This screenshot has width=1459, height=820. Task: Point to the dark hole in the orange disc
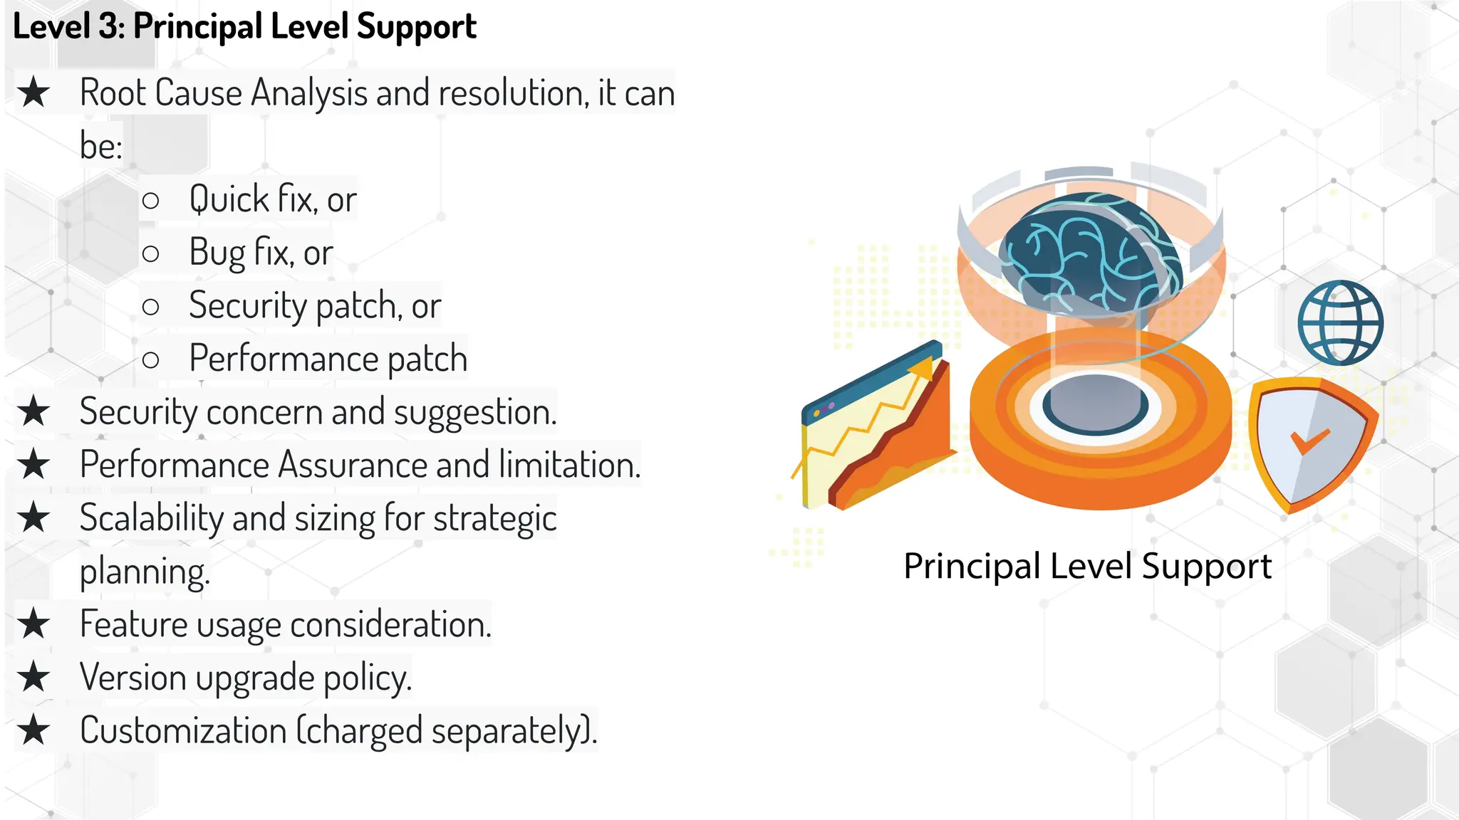click(1095, 405)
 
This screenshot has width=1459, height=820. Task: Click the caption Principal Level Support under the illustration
click(1087, 567)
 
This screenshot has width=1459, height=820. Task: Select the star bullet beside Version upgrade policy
click(34, 677)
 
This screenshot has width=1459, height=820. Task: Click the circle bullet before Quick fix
click(150, 200)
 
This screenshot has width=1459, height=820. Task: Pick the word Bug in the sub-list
click(217, 253)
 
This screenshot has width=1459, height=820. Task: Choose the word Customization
click(183, 730)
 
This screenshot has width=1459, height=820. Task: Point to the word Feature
click(133, 624)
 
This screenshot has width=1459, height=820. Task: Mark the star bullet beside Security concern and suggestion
click(34, 412)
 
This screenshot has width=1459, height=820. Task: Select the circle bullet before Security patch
click(150, 307)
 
